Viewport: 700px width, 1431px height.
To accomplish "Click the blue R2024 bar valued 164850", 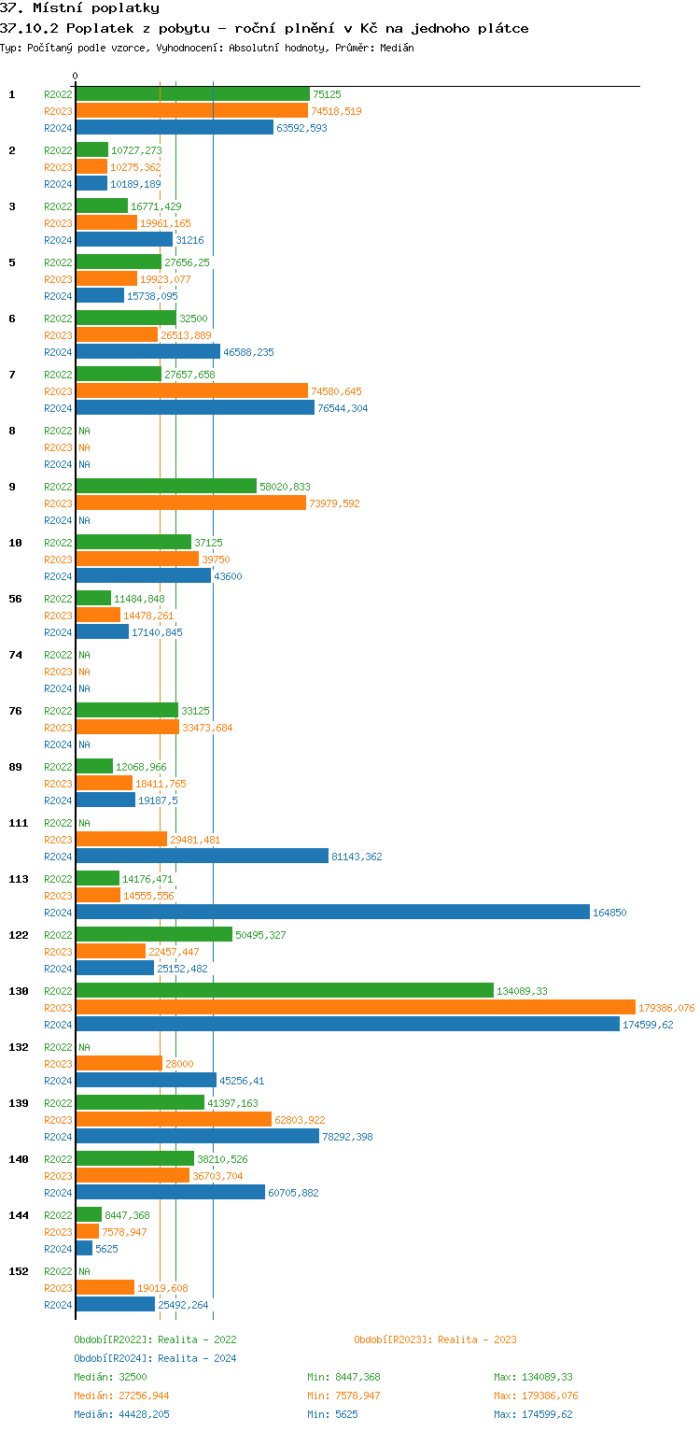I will (x=332, y=913).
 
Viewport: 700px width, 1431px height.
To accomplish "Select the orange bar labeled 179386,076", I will (x=356, y=1008).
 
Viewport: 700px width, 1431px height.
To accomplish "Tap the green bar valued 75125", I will (x=192, y=94).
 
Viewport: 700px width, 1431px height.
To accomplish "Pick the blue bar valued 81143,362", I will (x=202, y=857).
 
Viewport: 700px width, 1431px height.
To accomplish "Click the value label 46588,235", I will (x=248, y=352).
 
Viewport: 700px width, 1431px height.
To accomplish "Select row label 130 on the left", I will (x=19, y=991).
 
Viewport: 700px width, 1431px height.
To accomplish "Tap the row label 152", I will (x=19, y=1271).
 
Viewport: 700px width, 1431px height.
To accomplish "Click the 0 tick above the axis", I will (x=76, y=76).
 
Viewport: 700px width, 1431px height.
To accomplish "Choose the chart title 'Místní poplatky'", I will (x=96, y=8).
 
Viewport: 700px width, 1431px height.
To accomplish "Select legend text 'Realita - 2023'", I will (x=477, y=1339).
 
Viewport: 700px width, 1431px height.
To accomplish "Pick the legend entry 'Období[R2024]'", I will (x=113, y=1358).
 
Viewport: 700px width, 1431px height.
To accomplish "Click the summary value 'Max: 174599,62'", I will (x=533, y=1414).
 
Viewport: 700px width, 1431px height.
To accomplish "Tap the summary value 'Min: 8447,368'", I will (x=343, y=1377).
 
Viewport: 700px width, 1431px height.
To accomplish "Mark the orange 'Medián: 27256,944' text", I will (x=121, y=1396).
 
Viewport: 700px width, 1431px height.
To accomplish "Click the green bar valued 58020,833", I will (x=166, y=487).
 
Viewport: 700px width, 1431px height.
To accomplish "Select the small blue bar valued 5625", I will (x=84, y=1249).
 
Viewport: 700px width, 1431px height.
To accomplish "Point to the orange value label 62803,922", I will (x=300, y=1120).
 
